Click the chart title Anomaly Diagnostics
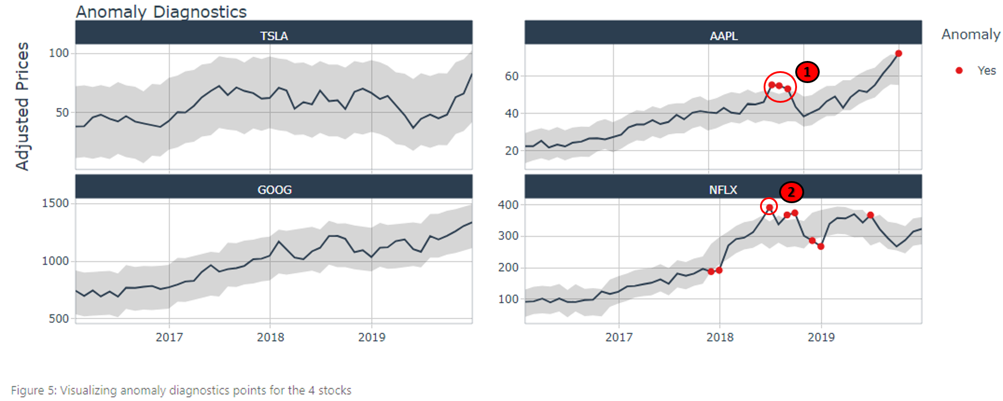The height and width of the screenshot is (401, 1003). pyautogui.click(x=161, y=12)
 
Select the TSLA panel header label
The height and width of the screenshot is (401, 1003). pyautogui.click(x=274, y=36)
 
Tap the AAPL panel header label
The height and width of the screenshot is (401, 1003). pyautogui.click(x=724, y=36)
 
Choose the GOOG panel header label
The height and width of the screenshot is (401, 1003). pyautogui.click(x=274, y=189)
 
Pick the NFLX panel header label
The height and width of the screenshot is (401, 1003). pyautogui.click(x=723, y=189)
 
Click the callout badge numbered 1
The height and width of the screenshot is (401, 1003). pyautogui.click(x=807, y=72)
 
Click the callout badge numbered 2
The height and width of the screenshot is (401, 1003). pyautogui.click(x=791, y=192)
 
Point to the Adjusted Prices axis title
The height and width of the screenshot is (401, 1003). pyautogui.click(x=22, y=106)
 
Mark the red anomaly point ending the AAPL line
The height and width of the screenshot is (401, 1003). pyautogui.click(x=899, y=54)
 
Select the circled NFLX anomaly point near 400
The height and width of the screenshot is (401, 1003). pyautogui.click(x=769, y=207)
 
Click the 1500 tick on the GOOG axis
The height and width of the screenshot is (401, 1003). pyautogui.click(x=55, y=203)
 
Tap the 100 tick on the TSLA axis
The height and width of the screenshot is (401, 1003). pyautogui.click(x=59, y=53)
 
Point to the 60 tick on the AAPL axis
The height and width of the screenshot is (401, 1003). pyautogui.click(x=512, y=76)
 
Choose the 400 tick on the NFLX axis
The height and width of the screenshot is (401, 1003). pyautogui.click(x=508, y=204)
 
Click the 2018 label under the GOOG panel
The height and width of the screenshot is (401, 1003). pyautogui.click(x=270, y=337)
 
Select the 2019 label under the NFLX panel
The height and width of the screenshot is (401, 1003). pyautogui.click(x=821, y=337)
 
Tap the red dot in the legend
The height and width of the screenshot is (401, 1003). pyautogui.click(x=959, y=71)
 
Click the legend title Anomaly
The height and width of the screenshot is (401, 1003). pyautogui.click(x=970, y=35)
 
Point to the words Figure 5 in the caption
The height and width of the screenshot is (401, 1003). pyautogui.click(x=27, y=390)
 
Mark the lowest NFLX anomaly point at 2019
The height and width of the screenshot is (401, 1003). pyautogui.click(x=821, y=246)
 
